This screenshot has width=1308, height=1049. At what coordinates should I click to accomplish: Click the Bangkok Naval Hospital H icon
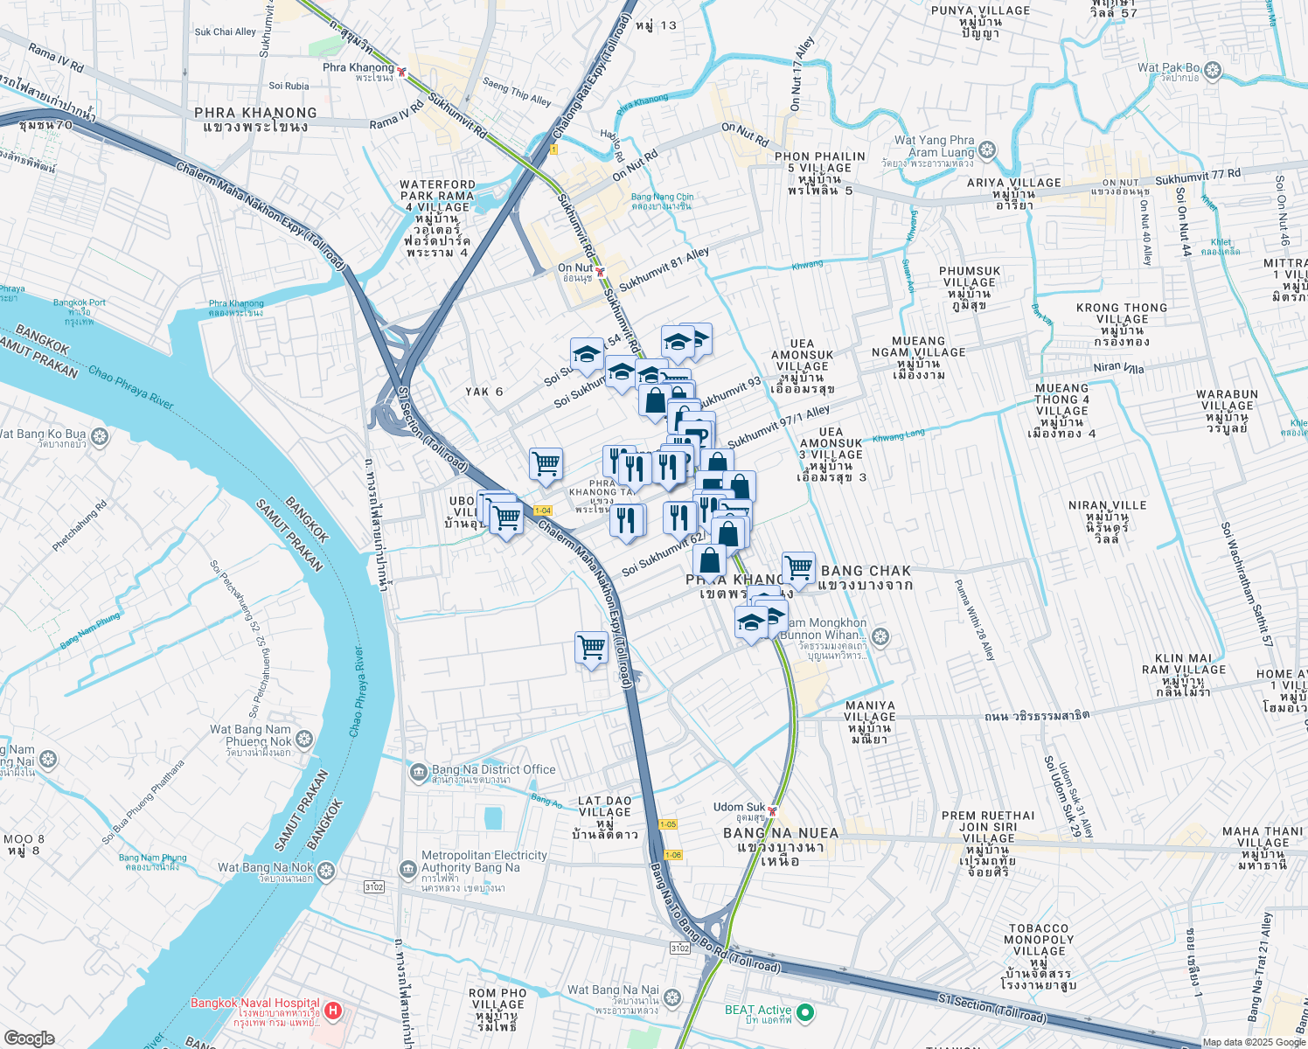click(x=332, y=1011)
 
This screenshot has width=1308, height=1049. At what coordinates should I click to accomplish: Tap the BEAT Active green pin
click(x=805, y=1013)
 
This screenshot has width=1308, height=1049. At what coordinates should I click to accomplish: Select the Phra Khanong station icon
click(x=401, y=71)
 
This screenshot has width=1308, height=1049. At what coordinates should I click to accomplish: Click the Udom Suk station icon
click(x=772, y=810)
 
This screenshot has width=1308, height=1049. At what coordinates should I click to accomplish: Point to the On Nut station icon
click(x=600, y=272)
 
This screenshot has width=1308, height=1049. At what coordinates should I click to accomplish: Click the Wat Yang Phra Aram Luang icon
click(x=987, y=150)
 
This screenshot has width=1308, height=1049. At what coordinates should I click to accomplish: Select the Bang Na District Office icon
click(x=419, y=773)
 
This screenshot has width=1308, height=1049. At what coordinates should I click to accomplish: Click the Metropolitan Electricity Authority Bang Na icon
click(x=407, y=869)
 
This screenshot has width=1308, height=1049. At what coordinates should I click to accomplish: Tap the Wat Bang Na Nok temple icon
click(x=326, y=872)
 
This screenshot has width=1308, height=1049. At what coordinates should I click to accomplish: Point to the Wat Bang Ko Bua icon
click(x=99, y=435)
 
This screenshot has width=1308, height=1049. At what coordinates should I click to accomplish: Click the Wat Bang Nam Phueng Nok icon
click(x=303, y=740)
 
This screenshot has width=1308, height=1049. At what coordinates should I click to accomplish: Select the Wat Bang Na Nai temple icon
click(x=671, y=997)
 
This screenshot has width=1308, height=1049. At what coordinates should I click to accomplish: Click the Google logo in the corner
click(x=29, y=1038)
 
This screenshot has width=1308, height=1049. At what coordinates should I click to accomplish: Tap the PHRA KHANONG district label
click(x=255, y=119)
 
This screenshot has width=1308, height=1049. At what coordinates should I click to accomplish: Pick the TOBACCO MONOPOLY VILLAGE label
click(x=1039, y=940)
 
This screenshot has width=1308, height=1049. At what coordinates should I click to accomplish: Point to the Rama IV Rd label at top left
click(x=55, y=58)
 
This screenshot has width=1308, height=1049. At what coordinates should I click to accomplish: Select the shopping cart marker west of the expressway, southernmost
click(x=592, y=648)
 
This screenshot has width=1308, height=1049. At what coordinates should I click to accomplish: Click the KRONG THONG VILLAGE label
click(x=1121, y=313)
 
